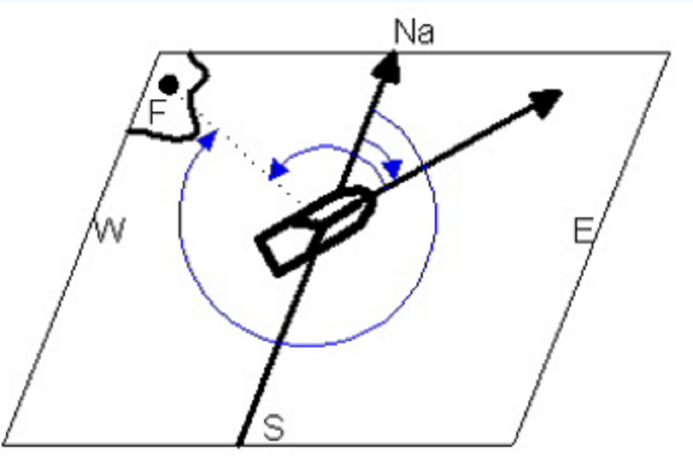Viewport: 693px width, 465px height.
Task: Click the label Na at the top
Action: pyautogui.click(x=414, y=32)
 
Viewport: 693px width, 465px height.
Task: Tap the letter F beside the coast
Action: pyautogui.click(x=158, y=111)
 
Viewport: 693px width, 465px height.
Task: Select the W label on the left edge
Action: pyautogui.click(x=111, y=229)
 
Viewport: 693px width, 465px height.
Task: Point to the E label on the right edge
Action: pyautogui.click(x=583, y=230)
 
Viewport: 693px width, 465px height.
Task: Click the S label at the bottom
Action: pyautogui.click(x=274, y=427)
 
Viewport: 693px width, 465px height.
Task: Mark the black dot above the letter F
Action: pyautogui.click(x=168, y=85)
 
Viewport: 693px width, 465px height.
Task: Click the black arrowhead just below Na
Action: pyautogui.click(x=388, y=66)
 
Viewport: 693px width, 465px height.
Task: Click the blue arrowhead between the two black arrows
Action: pyautogui.click(x=393, y=169)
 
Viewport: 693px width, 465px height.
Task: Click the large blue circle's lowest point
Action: pyautogui.click(x=308, y=346)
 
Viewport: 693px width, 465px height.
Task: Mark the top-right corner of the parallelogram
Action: pyautogui.click(x=670, y=53)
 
